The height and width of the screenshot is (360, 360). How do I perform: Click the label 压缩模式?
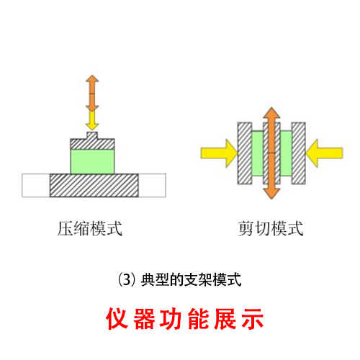[x=90, y=229]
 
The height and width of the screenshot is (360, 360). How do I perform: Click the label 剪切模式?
[x=271, y=229]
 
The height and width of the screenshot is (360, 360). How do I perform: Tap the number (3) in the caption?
[x=127, y=280]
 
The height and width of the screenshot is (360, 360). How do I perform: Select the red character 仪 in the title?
[x=117, y=318]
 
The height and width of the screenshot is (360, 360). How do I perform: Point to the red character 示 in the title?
[x=253, y=318]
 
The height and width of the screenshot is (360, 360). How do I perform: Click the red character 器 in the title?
[x=144, y=318]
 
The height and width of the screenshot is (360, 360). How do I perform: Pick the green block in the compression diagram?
[x=93, y=161]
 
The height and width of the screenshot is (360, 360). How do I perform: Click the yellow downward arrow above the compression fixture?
[x=92, y=120]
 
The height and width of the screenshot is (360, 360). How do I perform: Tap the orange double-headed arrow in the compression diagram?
[x=92, y=93]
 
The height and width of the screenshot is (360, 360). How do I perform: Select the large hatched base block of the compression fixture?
[x=94, y=186]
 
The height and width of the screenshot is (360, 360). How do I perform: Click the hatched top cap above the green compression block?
[x=92, y=144]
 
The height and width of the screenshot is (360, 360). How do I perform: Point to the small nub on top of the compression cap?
[x=92, y=135]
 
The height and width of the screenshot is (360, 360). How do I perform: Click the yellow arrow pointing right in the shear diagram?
[x=219, y=153]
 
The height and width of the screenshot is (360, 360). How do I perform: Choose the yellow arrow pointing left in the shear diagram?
[x=324, y=153]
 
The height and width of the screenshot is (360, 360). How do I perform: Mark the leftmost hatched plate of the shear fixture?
[x=245, y=153]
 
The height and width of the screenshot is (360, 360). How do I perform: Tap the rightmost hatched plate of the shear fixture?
[x=299, y=153]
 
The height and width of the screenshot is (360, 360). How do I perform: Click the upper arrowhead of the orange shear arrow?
[x=271, y=112]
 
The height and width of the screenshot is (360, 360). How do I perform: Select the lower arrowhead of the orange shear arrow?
[x=271, y=194]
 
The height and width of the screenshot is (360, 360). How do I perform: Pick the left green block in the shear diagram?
[x=258, y=153]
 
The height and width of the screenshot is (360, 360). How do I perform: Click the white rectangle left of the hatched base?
[x=36, y=186]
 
